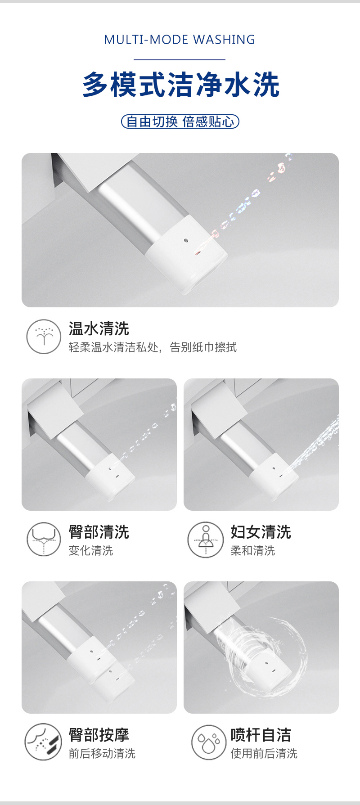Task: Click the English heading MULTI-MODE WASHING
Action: point(180,40)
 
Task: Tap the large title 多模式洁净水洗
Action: point(181,85)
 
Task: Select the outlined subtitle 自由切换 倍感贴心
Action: point(180,121)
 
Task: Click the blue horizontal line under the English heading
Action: point(180,59)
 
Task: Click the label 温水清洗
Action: point(99,329)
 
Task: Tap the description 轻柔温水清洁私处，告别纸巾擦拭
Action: point(153,347)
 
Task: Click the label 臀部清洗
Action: point(99,532)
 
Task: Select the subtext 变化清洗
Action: point(91,550)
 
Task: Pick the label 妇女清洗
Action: point(261,532)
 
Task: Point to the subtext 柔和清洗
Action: point(253,550)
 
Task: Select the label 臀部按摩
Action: point(99,735)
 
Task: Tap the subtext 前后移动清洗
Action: point(102,753)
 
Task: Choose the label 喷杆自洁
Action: point(261,735)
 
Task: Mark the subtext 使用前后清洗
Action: point(264,753)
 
